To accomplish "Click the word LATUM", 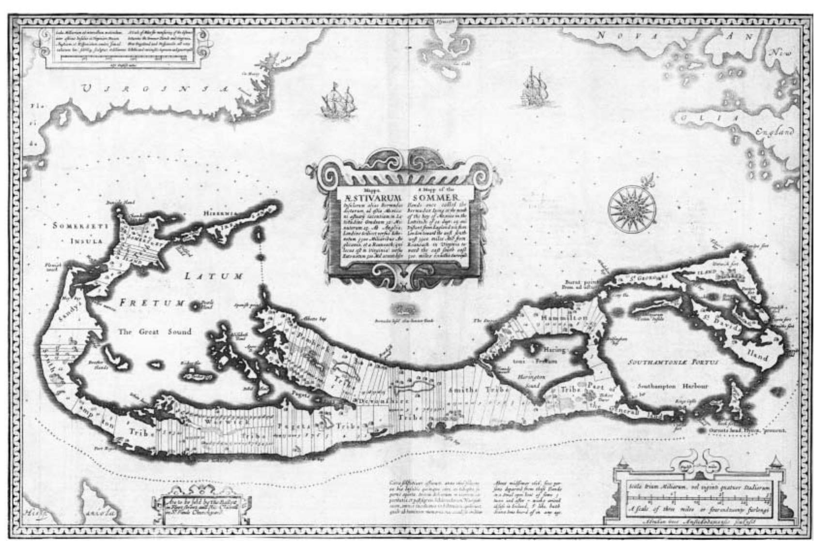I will (x=214, y=276).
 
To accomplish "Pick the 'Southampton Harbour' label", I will (x=673, y=386).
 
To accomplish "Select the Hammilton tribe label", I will (x=565, y=318).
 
